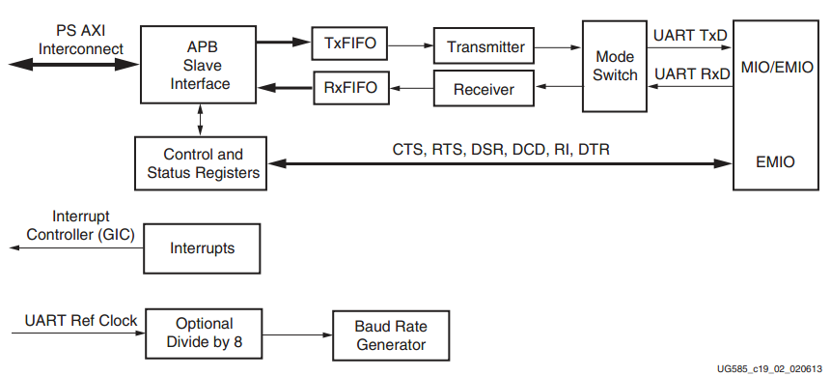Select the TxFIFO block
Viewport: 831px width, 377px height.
(350, 43)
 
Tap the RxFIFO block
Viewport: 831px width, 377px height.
(350, 89)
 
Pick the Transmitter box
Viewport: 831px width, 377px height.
(485, 46)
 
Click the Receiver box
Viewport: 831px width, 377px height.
(485, 91)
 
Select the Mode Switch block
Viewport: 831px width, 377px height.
(615, 66)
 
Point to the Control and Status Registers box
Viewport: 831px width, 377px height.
(203, 163)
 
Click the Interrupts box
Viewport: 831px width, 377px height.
(203, 248)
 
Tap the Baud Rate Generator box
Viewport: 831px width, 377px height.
(390, 334)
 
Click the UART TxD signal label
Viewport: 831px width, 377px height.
(690, 35)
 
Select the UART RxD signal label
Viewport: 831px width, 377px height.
(690, 73)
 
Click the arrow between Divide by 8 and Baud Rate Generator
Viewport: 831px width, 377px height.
(296, 335)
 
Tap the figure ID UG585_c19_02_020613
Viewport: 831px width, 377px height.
(770, 369)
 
